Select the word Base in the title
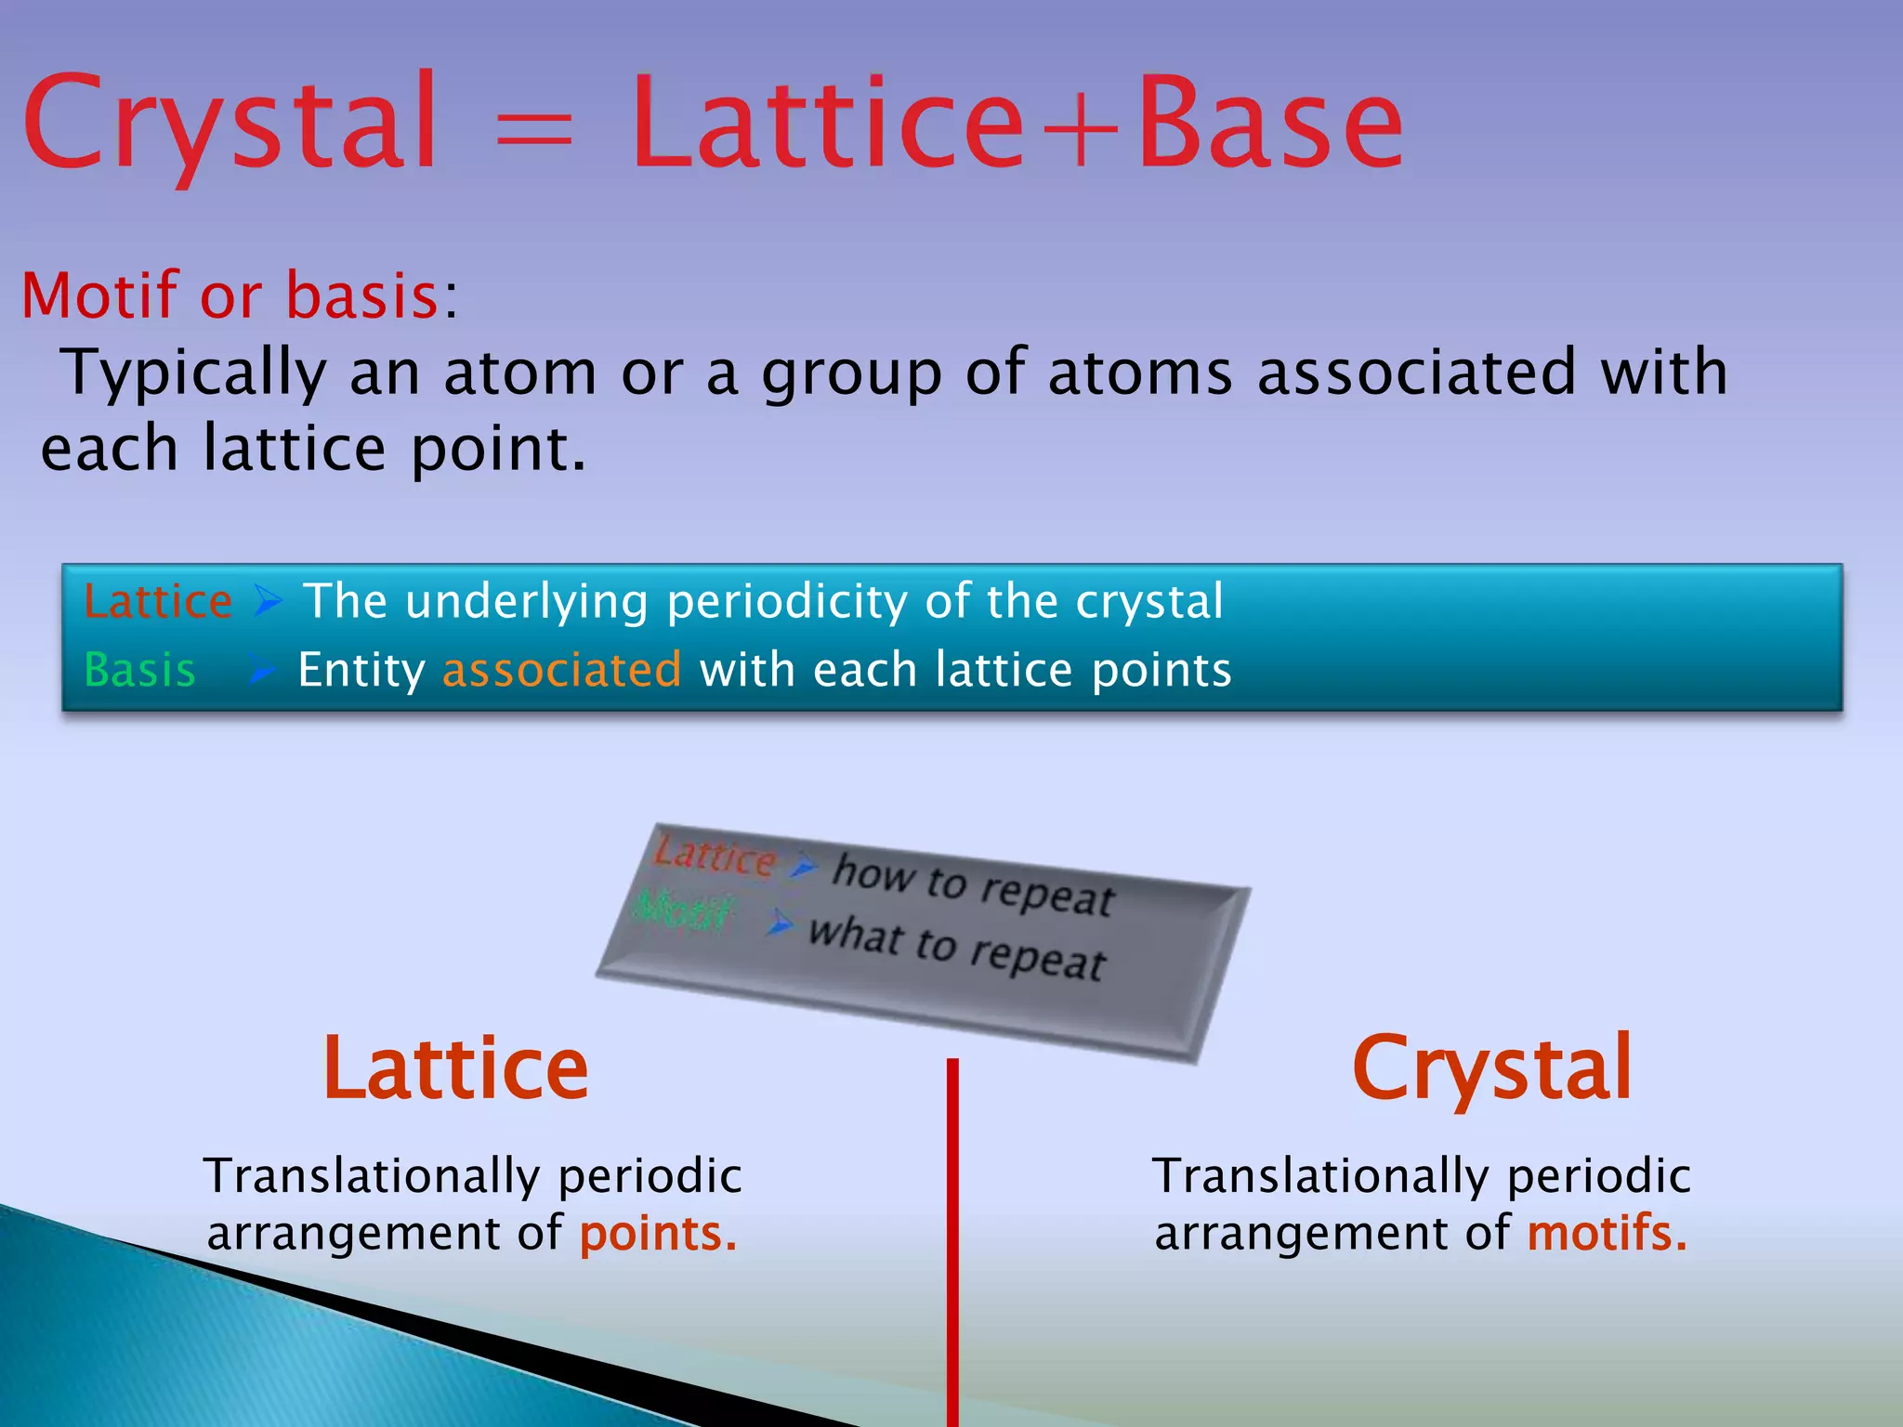tap(1269, 125)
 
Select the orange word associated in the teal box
tap(562, 670)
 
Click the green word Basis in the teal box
tap(139, 670)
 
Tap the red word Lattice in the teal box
tap(158, 601)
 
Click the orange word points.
tap(658, 1234)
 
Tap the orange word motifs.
tap(1606, 1234)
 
